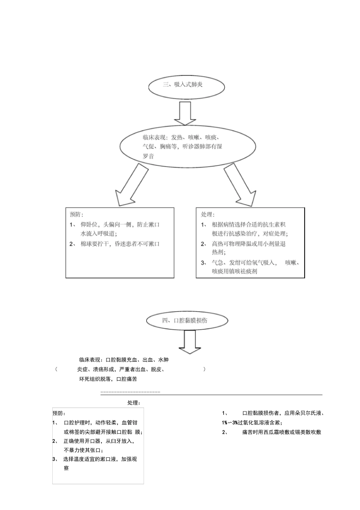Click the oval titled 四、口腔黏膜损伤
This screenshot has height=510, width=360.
click(x=187, y=320)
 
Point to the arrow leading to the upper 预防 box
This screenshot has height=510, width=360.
click(x=131, y=185)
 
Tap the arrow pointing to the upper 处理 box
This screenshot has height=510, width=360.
click(x=239, y=185)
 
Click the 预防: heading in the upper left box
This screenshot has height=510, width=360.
click(x=77, y=214)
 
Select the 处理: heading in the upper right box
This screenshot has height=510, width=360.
click(x=208, y=215)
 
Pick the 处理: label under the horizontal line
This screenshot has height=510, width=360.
click(x=134, y=403)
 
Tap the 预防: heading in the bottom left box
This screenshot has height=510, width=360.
click(x=59, y=413)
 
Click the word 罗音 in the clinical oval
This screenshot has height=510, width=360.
click(x=148, y=156)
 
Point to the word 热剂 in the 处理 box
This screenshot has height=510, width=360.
click(x=219, y=252)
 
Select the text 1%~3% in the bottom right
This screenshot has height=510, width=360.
click(x=230, y=423)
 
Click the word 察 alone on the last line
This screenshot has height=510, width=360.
click(x=66, y=468)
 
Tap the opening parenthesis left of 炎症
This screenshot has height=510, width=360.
click(x=56, y=369)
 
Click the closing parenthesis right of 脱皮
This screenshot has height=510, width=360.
click(x=204, y=369)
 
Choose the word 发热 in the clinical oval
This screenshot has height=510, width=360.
click(x=177, y=137)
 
